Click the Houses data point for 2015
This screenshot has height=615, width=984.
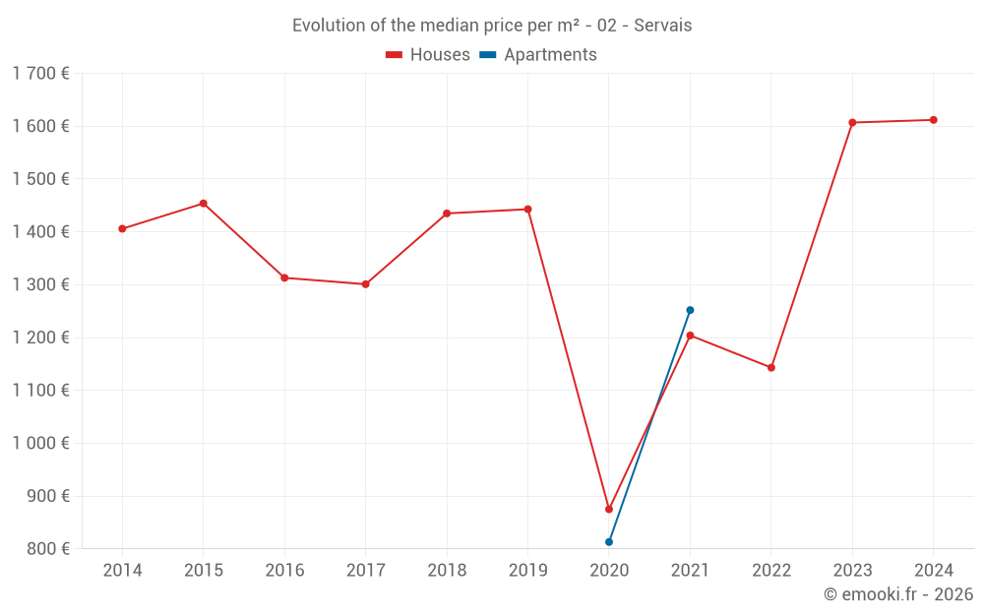click(x=204, y=204)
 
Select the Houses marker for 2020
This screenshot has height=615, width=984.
click(x=609, y=510)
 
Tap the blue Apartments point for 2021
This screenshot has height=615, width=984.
click(x=690, y=310)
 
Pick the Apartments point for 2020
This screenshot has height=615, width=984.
click(x=609, y=542)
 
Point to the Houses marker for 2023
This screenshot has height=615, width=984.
click(x=852, y=123)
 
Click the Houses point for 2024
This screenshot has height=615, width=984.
click(x=933, y=120)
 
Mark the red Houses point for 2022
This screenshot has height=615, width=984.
click(x=771, y=368)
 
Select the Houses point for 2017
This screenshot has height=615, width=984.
click(x=365, y=284)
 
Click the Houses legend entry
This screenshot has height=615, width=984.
click(x=428, y=55)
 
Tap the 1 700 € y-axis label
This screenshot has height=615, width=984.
click(x=40, y=74)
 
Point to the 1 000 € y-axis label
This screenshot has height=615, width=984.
click(x=40, y=444)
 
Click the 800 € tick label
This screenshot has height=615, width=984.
click(x=47, y=549)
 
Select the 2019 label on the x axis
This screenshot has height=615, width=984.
click(x=527, y=571)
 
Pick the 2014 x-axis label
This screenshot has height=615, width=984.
click(x=122, y=571)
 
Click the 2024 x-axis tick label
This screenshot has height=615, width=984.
click(x=933, y=571)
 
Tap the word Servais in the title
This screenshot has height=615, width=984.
click(x=662, y=26)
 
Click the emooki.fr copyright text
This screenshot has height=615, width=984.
click(x=898, y=594)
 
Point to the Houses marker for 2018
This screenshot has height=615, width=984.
click(x=447, y=214)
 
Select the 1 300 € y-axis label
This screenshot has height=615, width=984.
click(x=40, y=285)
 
